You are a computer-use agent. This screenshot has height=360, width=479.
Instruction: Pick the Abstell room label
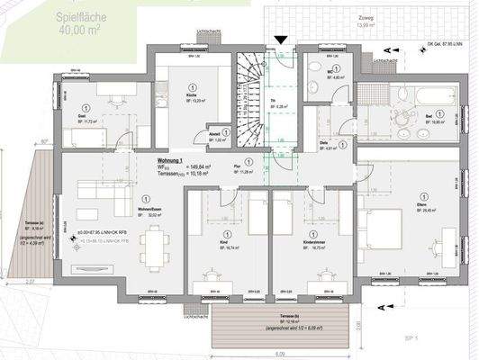(217, 135)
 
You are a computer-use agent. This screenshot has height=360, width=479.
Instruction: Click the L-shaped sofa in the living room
(99, 189)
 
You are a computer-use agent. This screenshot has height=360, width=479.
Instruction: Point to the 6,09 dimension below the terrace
(279, 354)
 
